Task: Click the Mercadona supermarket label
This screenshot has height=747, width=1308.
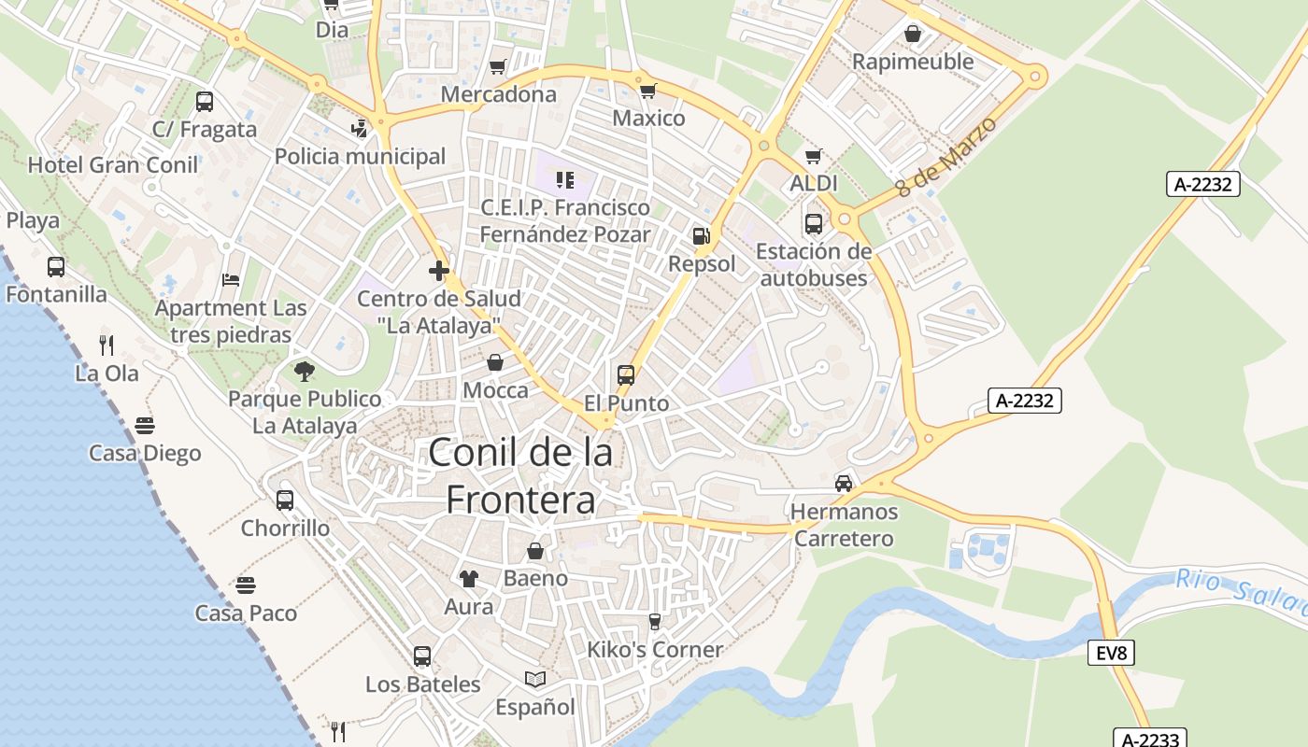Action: [498, 94]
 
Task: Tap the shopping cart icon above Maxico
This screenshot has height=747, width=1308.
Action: [647, 91]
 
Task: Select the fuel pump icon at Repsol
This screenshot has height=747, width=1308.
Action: [701, 236]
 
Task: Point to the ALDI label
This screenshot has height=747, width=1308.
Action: [814, 183]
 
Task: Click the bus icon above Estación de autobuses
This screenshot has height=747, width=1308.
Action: [814, 224]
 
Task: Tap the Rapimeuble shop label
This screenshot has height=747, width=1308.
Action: [912, 62]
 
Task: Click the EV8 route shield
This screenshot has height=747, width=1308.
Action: [1111, 653]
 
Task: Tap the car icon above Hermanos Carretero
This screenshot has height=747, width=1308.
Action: [844, 483]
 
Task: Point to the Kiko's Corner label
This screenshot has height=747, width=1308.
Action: [655, 649]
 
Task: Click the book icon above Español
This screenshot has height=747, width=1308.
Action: [535, 679]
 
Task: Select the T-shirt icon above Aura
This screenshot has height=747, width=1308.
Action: [469, 579]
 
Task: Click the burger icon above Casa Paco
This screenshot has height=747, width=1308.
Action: [246, 585]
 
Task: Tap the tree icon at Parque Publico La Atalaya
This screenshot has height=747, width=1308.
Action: [304, 372]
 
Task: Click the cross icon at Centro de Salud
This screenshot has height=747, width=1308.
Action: [439, 271]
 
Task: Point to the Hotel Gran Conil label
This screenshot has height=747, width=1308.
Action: [113, 165]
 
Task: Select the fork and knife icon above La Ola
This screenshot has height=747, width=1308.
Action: [107, 345]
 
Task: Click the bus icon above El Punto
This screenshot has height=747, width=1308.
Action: [626, 375]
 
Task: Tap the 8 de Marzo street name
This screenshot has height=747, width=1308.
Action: [946, 156]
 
